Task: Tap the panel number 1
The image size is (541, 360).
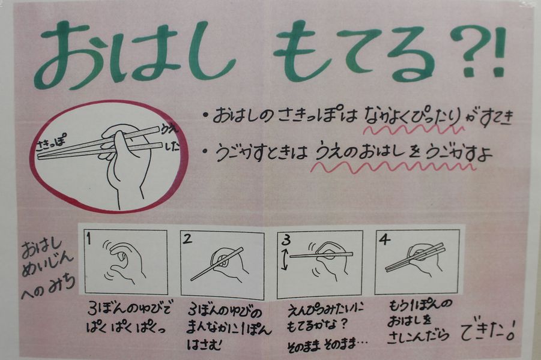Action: [89, 238]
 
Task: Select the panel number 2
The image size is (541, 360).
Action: [187, 239]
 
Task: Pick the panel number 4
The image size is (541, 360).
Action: [384, 239]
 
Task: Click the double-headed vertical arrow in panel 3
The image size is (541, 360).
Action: [285, 260]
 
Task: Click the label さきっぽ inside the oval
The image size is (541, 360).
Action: [50, 143]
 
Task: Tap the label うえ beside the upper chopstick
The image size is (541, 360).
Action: [170, 130]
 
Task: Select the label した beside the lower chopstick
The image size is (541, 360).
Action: [172, 146]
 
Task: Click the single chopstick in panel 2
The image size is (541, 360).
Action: [217, 264]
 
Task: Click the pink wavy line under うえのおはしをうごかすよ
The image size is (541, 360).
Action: [393, 167]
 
